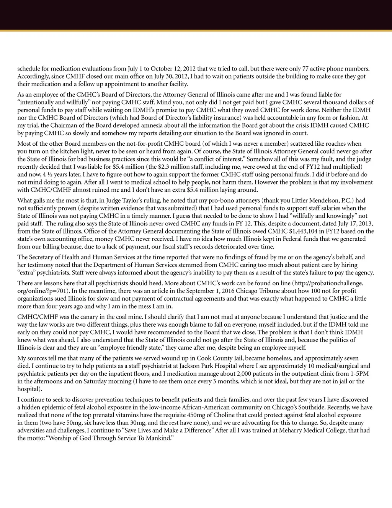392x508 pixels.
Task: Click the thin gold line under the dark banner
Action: coord(196,31)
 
